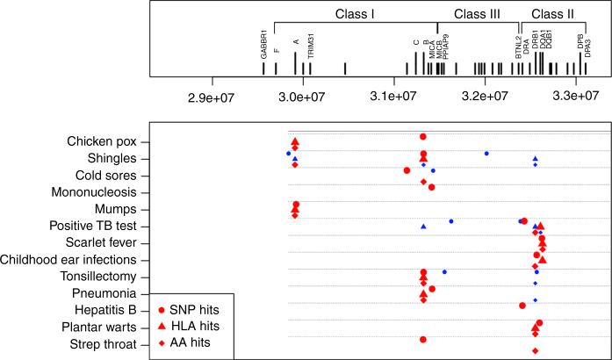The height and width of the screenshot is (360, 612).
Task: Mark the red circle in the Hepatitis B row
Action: click(x=522, y=306)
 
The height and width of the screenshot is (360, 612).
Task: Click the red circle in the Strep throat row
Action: click(x=423, y=339)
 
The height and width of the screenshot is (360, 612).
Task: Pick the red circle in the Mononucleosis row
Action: click(x=432, y=187)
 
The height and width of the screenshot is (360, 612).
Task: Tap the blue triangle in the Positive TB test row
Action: click(x=423, y=227)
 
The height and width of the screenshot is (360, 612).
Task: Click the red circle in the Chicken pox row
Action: click(x=423, y=137)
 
